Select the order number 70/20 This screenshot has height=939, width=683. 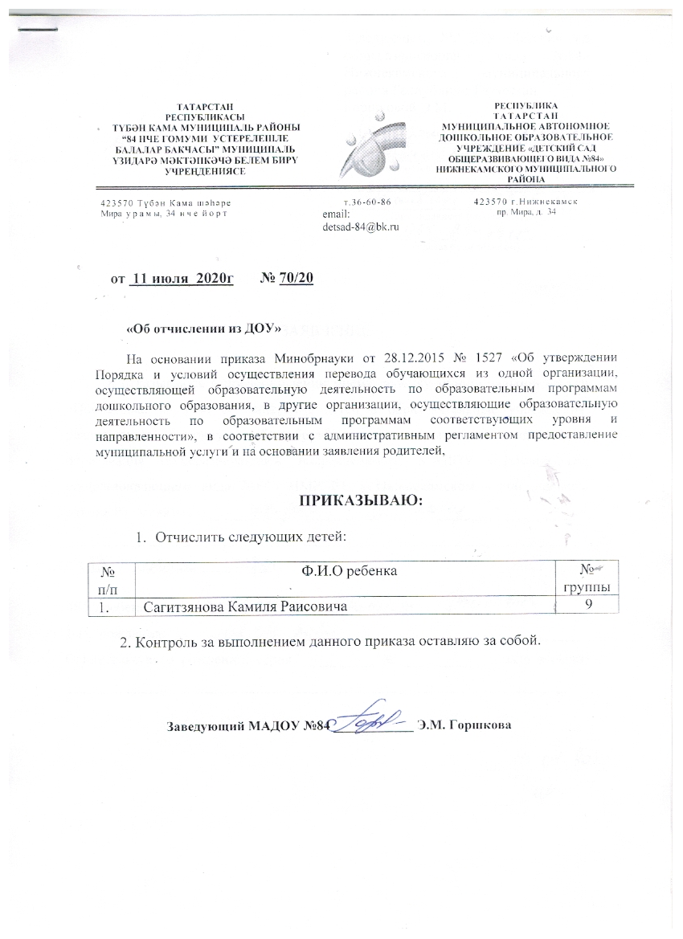click(x=297, y=279)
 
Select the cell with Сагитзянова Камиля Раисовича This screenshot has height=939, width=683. click(x=245, y=607)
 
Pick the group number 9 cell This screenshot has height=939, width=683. click(x=589, y=605)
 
